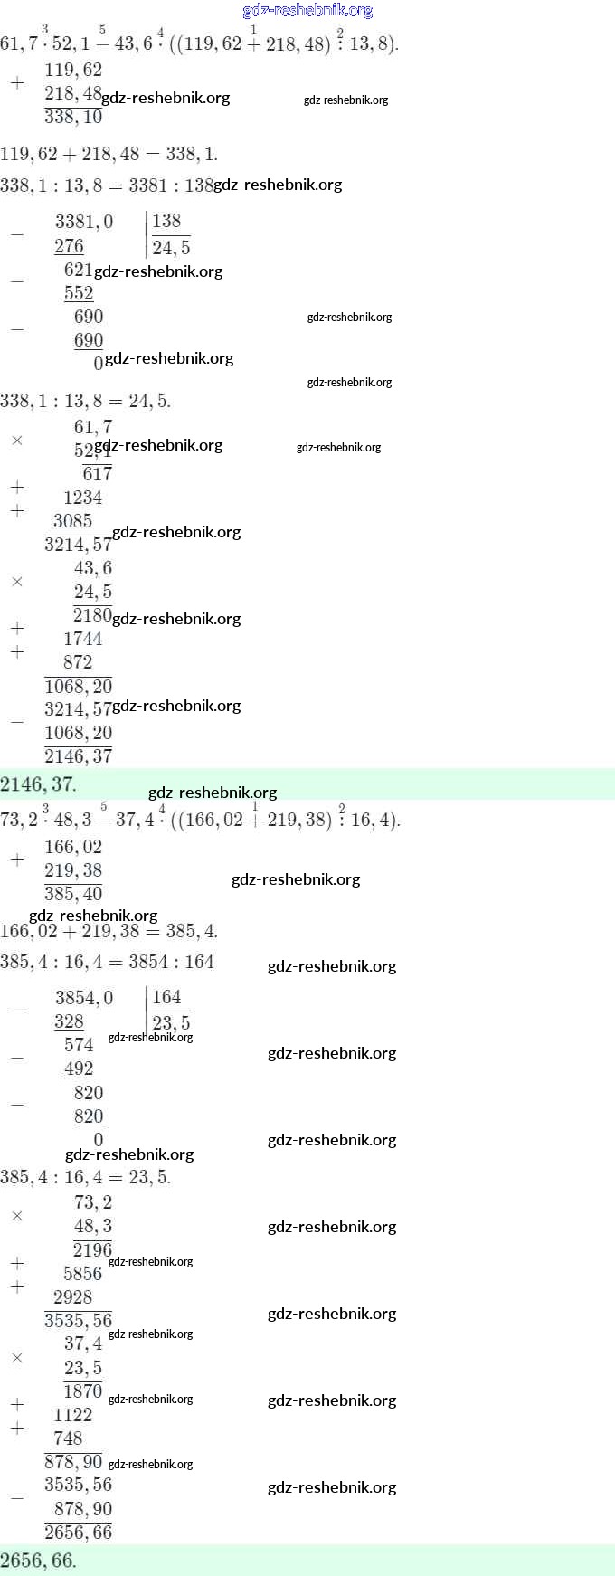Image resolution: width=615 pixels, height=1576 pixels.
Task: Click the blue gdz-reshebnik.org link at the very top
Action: pyautogui.click(x=307, y=11)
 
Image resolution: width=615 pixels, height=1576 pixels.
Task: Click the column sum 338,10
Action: pyautogui.click(x=73, y=117)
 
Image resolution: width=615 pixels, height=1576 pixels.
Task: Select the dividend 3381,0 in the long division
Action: pyautogui.click(x=84, y=222)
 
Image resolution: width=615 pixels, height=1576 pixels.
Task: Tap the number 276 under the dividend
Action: pyautogui.click(x=69, y=246)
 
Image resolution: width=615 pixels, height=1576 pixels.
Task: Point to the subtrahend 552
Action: pyautogui.click(x=79, y=293)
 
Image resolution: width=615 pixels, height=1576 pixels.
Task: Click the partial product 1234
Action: pyautogui.click(x=82, y=498)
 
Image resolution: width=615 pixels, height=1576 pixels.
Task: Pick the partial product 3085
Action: pyautogui.click(x=72, y=521)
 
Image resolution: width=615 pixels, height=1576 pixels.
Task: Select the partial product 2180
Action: pyautogui.click(x=92, y=615)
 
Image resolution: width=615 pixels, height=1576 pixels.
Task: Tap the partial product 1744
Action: pyautogui.click(x=82, y=639)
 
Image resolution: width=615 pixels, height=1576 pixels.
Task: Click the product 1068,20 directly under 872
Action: pyautogui.click(x=78, y=686)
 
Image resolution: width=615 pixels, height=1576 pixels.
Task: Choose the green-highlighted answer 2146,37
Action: pyautogui.click(x=38, y=784)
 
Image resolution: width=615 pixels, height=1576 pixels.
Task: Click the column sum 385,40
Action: pyautogui.click(x=73, y=894)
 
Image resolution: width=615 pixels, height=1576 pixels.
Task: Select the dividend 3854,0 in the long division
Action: pyautogui.click(x=84, y=998)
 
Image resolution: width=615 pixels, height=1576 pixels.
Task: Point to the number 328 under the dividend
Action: pyautogui.click(x=69, y=1021)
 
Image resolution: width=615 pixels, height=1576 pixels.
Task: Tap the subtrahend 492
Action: pyautogui.click(x=79, y=1068)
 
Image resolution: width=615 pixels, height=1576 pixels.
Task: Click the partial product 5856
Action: pyautogui.click(x=82, y=1274)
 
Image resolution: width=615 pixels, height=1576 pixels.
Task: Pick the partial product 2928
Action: pyautogui.click(x=72, y=1297)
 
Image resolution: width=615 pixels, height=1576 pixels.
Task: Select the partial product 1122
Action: pyautogui.click(x=72, y=1415)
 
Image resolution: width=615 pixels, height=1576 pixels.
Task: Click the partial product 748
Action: pyautogui.click(x=68, y=1438)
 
